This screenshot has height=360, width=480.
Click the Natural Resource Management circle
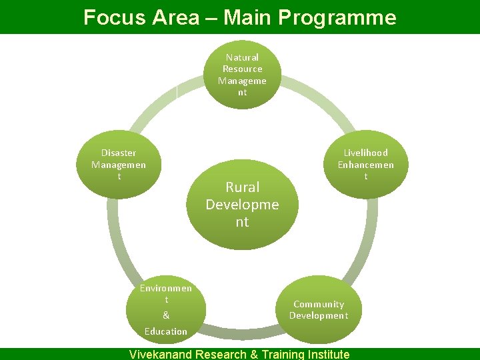(242, 75)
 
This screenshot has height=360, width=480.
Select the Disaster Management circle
(119, 165)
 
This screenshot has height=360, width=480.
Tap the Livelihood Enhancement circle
(365, 165)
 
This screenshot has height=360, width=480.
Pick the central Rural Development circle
(242, 203)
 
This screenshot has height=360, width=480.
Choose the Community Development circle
(319, 309)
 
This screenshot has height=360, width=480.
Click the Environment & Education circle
(166, 309)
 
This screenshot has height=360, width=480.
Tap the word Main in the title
(245, 17)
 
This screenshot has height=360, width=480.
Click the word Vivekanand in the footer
(160, 354)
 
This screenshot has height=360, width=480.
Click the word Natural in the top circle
(242, 57)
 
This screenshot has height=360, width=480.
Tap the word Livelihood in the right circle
(365, 153)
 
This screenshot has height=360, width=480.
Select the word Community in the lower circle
(319, 304)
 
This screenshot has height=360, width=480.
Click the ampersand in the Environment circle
(166, 315)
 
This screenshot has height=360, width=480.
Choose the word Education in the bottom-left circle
(166, 331)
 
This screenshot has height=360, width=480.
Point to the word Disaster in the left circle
(119, 153)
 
